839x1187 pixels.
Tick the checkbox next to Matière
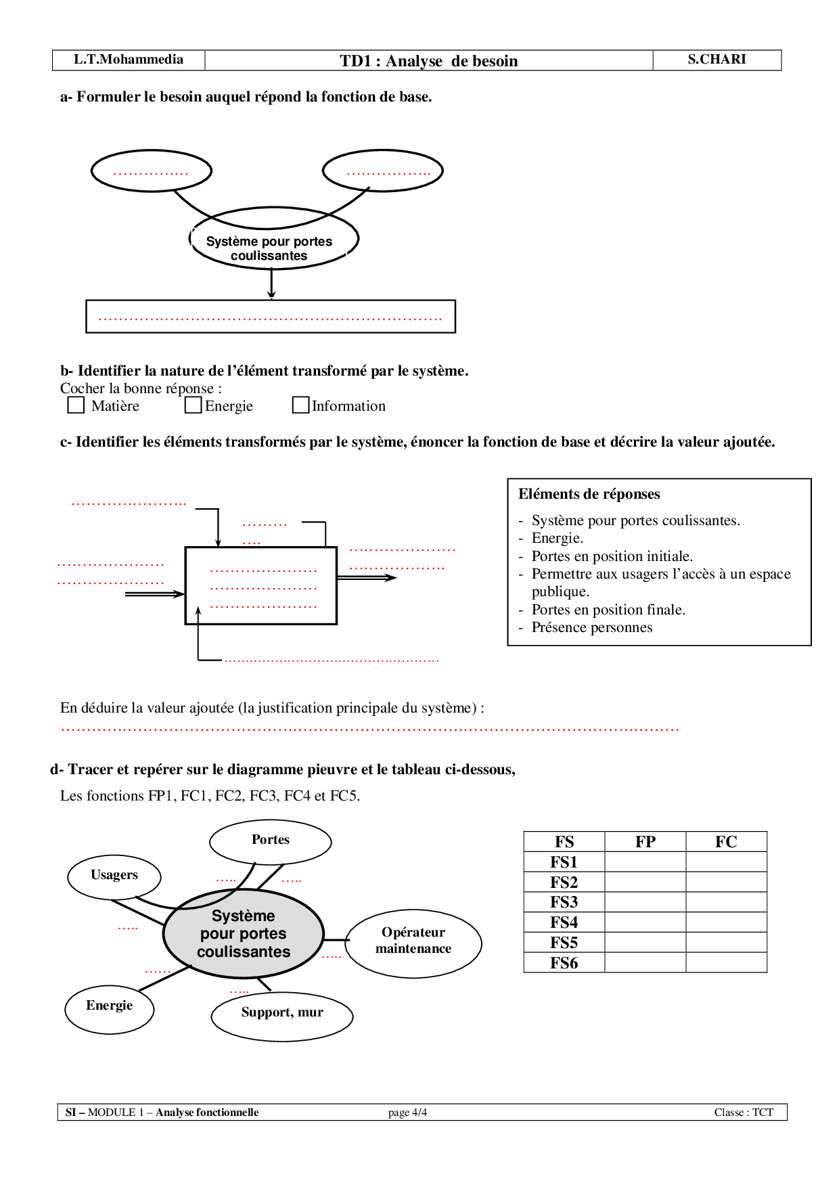click(x=76, y=405)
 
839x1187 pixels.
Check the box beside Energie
click(x=194, y=405)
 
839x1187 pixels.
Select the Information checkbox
click(x=300, y=405)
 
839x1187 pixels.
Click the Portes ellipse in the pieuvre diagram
click(x=271, y=841)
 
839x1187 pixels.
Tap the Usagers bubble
click(x=114, y=876)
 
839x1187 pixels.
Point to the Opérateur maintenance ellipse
click(x=413, y=942)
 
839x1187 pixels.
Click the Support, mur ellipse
click(x=282, y=1014)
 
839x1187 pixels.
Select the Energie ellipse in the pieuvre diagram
click(x=110, y=1008)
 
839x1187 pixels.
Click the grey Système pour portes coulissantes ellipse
click(x=244, y=934)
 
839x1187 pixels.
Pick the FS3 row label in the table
click(x=564, y=902)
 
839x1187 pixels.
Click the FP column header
click(x=645, y=842)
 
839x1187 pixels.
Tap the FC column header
click(x=726, y=842)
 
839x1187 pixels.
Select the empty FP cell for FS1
click(x=645, y=862)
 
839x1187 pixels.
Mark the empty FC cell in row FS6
click(x=726, y=962)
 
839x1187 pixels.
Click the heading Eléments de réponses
click(x=589, y=494)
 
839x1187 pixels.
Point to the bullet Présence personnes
click(x=592, y=627)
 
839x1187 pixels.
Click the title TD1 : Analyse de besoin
click(x=429, y=61)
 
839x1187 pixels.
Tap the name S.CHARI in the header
click(x=717, y=60)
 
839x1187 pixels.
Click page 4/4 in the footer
click(x=407, y=1113)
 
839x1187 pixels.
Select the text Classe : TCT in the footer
click(x=744, y=1113)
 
